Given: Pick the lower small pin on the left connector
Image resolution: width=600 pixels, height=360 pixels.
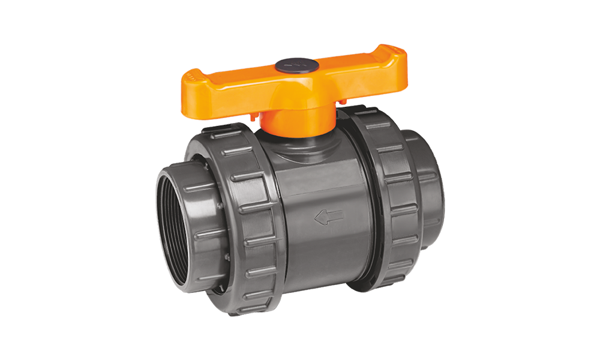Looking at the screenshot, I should point(227,259).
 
